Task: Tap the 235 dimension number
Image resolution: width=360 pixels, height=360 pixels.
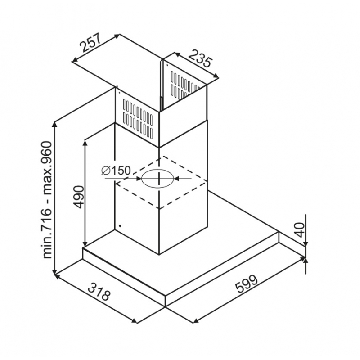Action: [x=200, y=58]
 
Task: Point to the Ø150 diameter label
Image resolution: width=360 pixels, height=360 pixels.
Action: [x=116, y=171]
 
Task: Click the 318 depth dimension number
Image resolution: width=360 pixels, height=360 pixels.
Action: [x=99, y=291]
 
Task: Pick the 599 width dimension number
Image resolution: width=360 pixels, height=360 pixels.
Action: [x=247, y=283]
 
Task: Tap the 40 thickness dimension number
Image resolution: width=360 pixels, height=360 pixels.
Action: [x=299, y=229]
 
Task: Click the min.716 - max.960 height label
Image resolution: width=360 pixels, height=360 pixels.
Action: [x=47, y=200]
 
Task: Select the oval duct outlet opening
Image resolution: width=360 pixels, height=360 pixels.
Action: [x=157, y=178]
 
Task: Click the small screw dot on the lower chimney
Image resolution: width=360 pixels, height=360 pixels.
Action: [x=120, y=226]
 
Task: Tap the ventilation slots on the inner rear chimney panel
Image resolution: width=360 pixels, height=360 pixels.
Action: [x=185, y=85]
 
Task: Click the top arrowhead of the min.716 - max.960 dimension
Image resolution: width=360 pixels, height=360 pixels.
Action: [x=54, y=125]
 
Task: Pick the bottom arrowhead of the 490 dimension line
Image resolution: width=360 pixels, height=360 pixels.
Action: [x=85, y=244]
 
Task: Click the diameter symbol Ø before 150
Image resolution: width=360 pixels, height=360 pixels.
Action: [x=106, y=171]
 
